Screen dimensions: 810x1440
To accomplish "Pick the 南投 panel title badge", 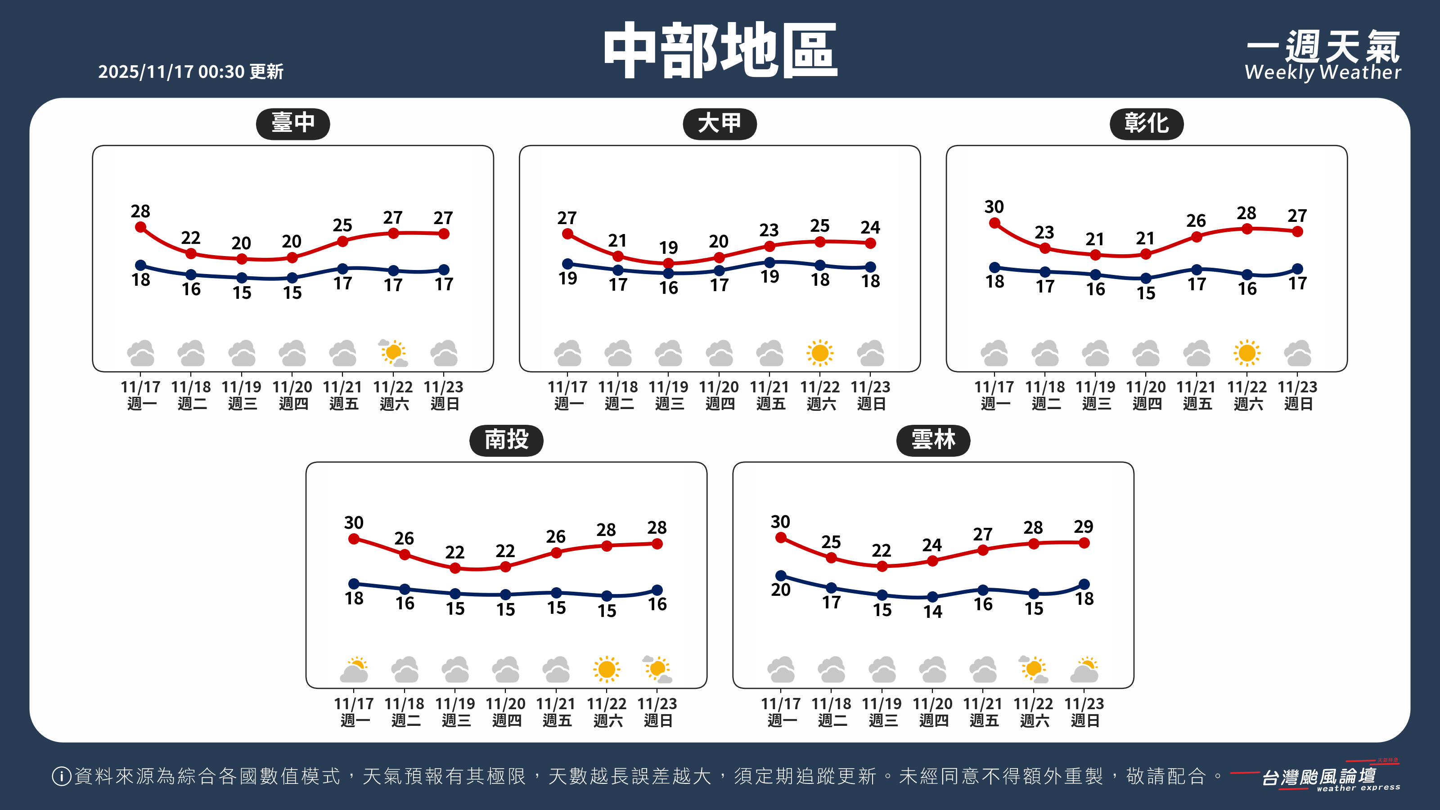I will pyautogui.click(x=506, y=440).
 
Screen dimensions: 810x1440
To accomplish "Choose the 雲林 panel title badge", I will pyautogui.click(x=933, y=440).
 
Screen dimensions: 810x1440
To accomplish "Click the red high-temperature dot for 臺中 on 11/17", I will pyautogui.click(x=141, y=227).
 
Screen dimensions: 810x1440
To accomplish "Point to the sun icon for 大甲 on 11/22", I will pyautogui.click(x=819, y=353).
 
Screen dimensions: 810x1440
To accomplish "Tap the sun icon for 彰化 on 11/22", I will pyautogui.click(x=1246, y=353).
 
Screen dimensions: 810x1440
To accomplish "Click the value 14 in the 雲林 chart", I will pyautogui.click(x=932, y=612).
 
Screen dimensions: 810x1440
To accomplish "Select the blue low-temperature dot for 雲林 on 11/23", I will pyautogui.click(x=1084, y=584).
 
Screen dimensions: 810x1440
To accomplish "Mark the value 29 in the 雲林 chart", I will pyautogui.click(x=1083, y=526).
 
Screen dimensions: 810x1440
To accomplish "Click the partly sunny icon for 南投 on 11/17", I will pyautogui.click(x=355, y=670).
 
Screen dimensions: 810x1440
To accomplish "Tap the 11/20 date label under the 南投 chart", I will pyautogui.click(x=505, y=703).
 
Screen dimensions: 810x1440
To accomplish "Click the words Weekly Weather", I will pyautogui.click(x=1323, y=72).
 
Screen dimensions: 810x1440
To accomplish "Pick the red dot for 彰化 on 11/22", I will pyautogui.click(x=1246, y=229).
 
